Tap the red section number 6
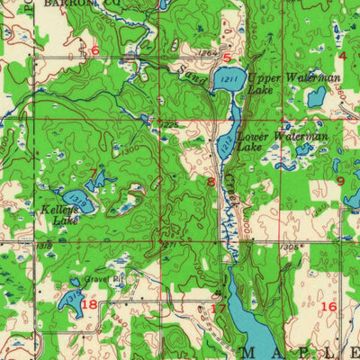pyautogui.click(x=94, y=50)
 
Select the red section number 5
pyautogui.click(x=227, y=59)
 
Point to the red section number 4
pyautogui.click(x=341, y=56)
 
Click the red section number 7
pyautogui.click(x=93, y=173)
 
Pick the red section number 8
pyautogui.click(x=211, y=183)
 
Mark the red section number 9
pyautogui.click(x=340, y=181)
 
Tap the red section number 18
pyautogui.click(x=88, y=304)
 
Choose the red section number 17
pyautogui.click(x=217, y=309)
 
